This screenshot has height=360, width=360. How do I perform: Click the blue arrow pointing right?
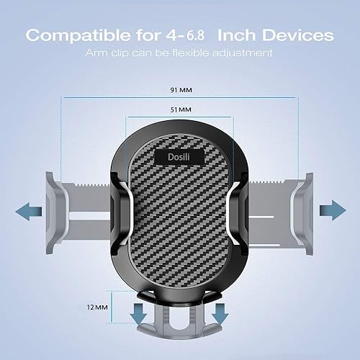click(332, 210)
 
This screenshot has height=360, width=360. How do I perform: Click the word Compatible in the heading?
click(85, 35)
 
